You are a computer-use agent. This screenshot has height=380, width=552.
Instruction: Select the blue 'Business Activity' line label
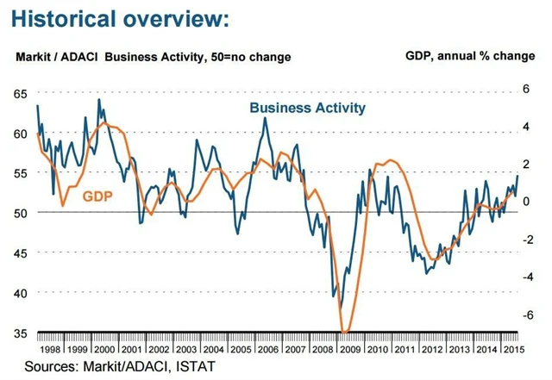pyautogui.click(x=307, y=108)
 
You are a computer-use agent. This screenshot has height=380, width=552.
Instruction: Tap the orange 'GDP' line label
pyautogui.click(x=97, y=196)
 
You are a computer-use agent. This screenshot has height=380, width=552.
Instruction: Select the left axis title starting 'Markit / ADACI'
pyautogui.click(x=154, y=57)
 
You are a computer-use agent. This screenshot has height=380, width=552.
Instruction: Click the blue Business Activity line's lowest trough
pyautogui.click(x=339, y=308)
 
